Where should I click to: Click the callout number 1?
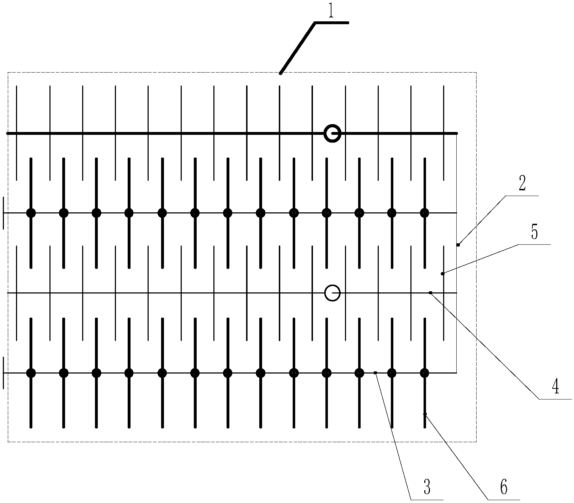331,11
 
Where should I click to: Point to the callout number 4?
555,387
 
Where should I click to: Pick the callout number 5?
535,232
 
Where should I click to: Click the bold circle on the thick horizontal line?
333,134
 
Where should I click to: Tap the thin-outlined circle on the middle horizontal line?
333,293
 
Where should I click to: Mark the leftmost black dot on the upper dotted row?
31,213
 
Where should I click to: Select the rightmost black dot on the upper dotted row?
425,213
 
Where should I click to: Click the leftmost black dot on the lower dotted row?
31,373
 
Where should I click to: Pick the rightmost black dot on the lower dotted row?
425,373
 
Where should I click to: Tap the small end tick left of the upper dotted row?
3,213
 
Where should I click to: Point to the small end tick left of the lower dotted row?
3,373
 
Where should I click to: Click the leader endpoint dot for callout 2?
458,245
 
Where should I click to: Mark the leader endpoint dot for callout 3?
375,373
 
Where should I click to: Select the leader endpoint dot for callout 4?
430,293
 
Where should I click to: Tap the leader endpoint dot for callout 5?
442,274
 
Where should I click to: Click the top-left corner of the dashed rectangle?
8,73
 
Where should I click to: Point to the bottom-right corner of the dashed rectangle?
476,442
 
